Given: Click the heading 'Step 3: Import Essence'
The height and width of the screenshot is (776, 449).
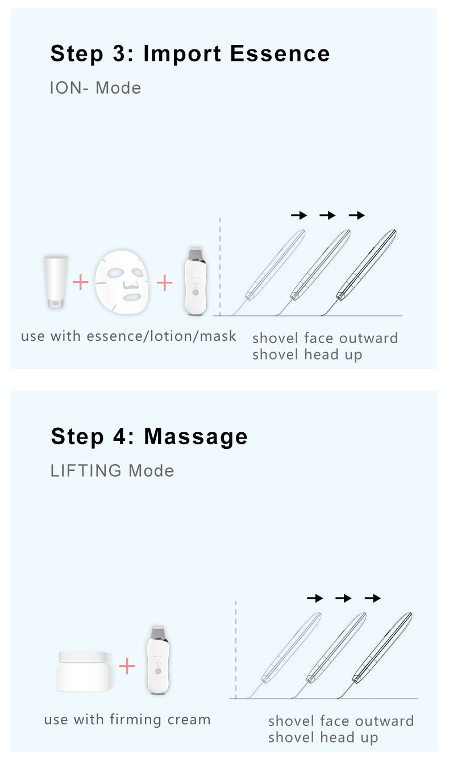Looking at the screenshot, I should (x=190, y=53).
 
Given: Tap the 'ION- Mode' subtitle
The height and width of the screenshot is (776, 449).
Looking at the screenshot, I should (x=95, y=88).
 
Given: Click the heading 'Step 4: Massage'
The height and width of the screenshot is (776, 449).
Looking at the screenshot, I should (x=149, y=436).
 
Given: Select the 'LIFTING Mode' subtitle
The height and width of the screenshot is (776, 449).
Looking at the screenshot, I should (x=112, y=470).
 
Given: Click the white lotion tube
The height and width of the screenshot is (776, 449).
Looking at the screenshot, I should (x=55, y=282).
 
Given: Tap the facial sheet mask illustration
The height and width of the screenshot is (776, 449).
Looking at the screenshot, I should (x=122, y=282).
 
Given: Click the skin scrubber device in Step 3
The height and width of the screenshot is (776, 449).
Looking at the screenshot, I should (x=194, y=281).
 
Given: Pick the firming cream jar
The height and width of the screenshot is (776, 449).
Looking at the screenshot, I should (x=82, y=671).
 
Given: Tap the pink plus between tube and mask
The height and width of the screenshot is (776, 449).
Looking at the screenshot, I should (x=80, y=282).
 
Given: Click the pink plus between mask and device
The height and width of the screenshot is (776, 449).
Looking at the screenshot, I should (x=164, y=282).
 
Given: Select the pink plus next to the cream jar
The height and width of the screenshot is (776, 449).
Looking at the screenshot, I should (x=127, y=666).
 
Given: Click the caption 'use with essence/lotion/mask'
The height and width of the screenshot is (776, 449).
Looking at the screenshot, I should (x=128, y=336).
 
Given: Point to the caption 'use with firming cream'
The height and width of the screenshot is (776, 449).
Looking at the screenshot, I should (x=127, y=719).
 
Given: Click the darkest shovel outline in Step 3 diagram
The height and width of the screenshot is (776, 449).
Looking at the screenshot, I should (x=367, y=264).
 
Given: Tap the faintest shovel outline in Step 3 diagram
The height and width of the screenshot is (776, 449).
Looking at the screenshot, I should (x=276, y=264).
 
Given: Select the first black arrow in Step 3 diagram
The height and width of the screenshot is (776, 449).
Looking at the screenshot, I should (x=298, y=215).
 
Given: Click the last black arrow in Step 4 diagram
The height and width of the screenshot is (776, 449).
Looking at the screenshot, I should (x=372, y=598).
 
